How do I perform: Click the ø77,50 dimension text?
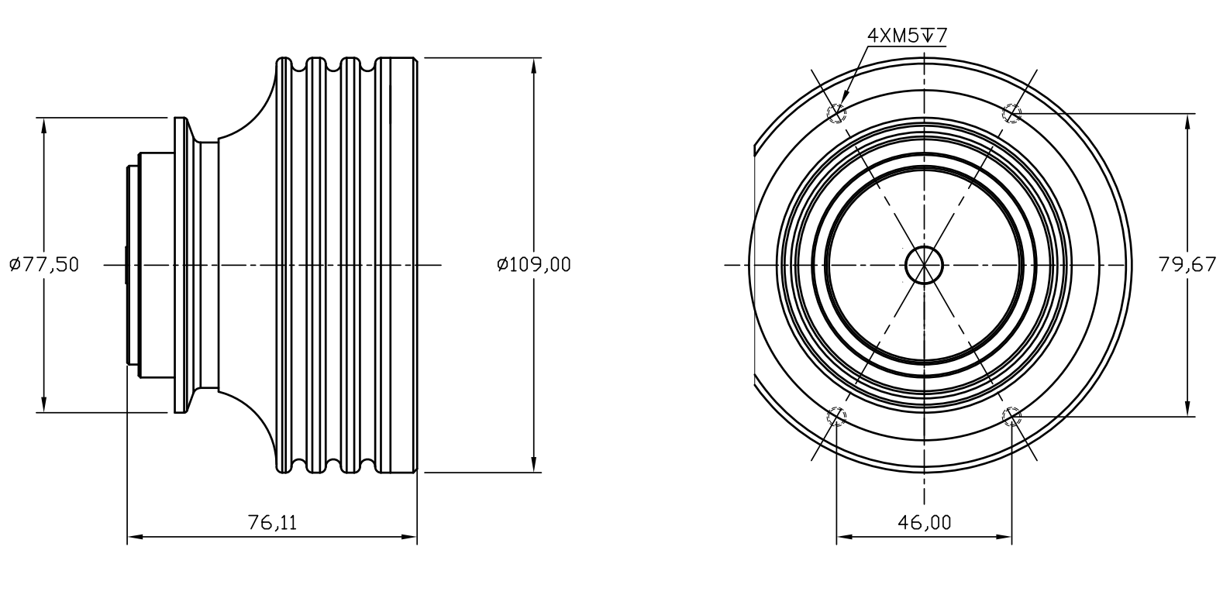pyautogui.click(x=44, y=265)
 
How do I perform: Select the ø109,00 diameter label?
pyautogui.click(x=534, y=265)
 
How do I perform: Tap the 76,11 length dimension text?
pyautogui.click(x=272, y=523)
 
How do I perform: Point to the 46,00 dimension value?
pyautogui.click(x=925, y=523)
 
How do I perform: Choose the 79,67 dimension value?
pyautogui.click(x=1187, y=265)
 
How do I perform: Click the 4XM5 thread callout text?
pyautogui.click(x=893, y=36)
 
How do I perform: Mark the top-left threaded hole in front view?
pyautogui.click(x=836, y=114)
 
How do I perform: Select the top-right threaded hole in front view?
pyautogui.click(x=1012, y=114)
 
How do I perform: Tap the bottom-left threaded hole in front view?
pyautogui.click(x=836, y=417)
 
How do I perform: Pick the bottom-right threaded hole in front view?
pyautogui.click(x=1012, y=417)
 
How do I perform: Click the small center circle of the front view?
pyautogui.click(x=924, y=265)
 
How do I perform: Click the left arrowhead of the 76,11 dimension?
pyautogui.click(x=135, y=537)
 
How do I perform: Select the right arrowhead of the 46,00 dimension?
pyautogui.click(x=1004, y=537)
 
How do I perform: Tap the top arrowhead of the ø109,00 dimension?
pyautogui.click(x=534, y=66)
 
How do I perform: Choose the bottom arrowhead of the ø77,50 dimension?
pyautogui.click(x=44, y=404)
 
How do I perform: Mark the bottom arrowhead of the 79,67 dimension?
pyautogui.click(x=1187, y=408)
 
